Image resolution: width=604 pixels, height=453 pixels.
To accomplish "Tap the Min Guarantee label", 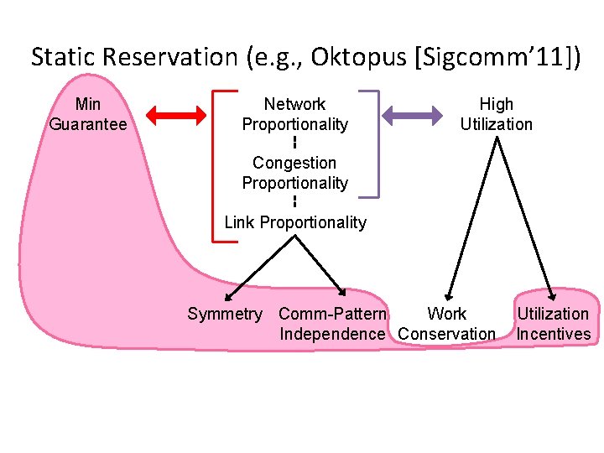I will (x=88, y=114).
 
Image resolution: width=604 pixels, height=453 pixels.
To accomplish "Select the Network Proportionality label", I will (x=294, y=114).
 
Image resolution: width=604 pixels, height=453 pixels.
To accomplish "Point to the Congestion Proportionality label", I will (x=294, y=173).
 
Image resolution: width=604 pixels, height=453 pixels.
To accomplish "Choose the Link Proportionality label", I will (x=294, y=222).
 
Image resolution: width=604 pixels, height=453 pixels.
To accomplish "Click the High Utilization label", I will (x=496, y=114).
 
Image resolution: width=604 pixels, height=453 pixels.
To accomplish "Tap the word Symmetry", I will (x=224, y=315).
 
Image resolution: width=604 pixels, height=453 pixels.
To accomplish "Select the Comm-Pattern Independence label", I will (x=332, y=324).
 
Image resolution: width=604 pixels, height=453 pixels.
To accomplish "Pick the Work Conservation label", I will (x=447, y=324).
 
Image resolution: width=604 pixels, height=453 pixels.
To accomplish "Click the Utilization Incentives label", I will (x=553, y=324).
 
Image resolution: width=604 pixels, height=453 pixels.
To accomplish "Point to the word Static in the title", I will (x=61, y=57).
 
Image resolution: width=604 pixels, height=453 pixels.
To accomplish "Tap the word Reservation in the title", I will (x=169, y=57).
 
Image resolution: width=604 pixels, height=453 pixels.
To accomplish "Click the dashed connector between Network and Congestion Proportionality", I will (x=294, y=143).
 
